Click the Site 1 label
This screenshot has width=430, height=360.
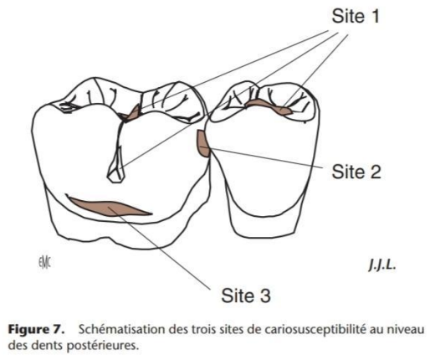(356, 16)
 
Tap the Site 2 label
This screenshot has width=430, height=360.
(356, 172)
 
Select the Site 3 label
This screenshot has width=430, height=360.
(246, 296)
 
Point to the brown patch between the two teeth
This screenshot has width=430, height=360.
(202, 143)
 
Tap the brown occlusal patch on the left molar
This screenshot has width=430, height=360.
(131, 113)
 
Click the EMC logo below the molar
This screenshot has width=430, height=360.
(44, 262)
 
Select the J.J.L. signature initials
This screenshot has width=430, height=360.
(382, 265)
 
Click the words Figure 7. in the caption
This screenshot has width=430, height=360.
(36, 330)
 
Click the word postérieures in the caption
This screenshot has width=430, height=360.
(103, 346)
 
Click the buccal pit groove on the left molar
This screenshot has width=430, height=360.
(116, 167)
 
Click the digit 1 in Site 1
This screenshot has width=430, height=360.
(375, 16)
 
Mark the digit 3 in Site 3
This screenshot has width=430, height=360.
(265, 296)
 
